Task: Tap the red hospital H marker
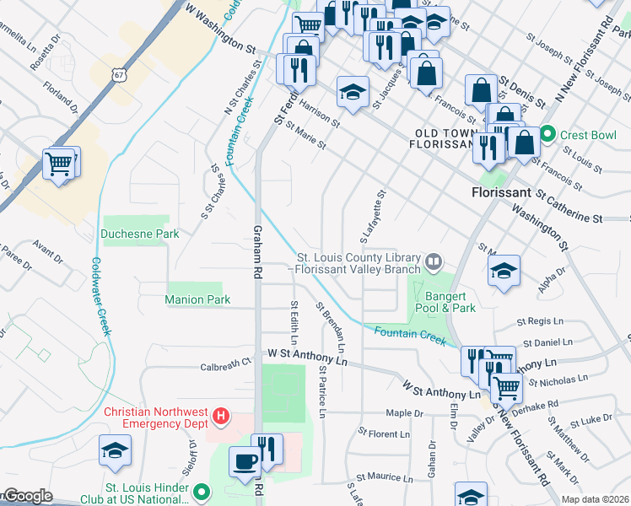[220, 416]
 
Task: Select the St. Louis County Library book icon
[434, 261]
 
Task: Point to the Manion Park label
[197, 299]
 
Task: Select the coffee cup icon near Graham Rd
[245, 461]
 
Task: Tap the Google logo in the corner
[27, 496]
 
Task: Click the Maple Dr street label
[404, 412]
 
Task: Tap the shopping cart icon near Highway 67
[59, 163]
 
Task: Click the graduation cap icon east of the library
[504, 271]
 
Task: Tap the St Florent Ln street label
[383, 433]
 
